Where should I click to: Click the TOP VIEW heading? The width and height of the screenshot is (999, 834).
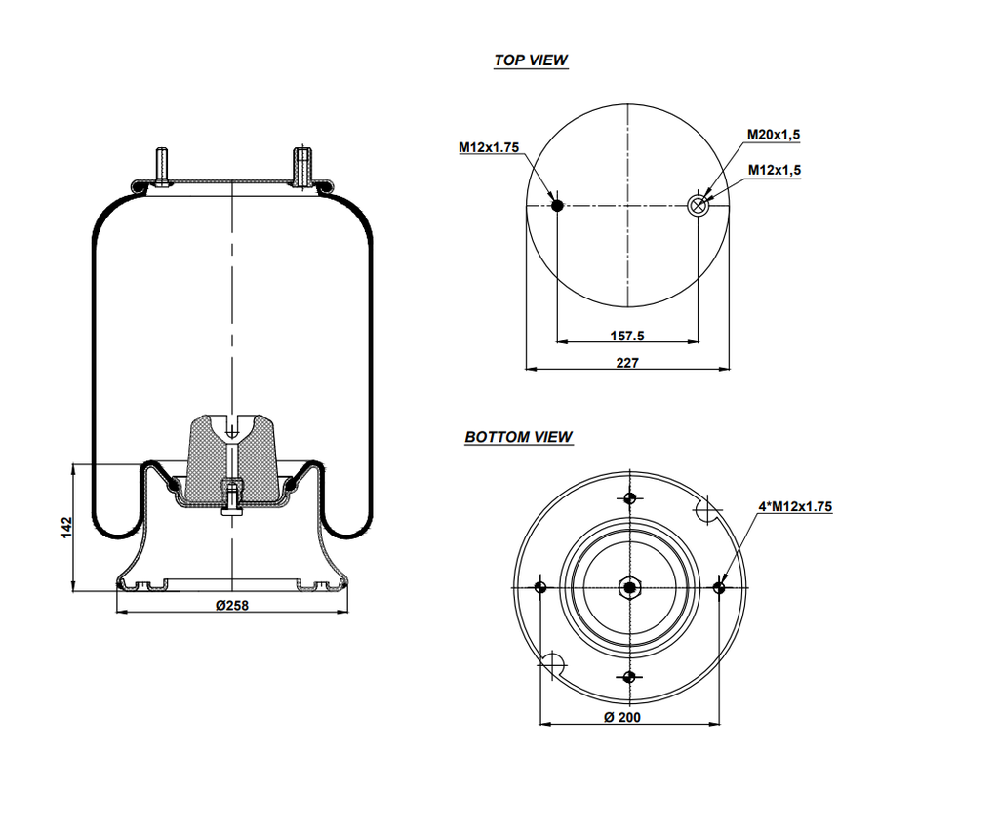tap(530, 60)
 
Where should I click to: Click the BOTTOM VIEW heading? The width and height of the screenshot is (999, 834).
tap(518, 437)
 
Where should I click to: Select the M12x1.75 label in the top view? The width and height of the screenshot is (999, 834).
tap(488, 147)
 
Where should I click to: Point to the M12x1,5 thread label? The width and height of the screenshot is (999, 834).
tap(774, 170)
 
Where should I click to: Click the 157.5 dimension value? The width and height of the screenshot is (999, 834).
tap(627, 336)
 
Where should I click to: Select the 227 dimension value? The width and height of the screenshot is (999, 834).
tap(627, 363)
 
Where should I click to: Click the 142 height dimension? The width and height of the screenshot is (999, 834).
tap(66, 528)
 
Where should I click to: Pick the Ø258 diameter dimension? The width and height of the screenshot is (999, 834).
tap(231, 605)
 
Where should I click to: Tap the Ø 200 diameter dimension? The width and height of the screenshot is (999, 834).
tap(622, 717)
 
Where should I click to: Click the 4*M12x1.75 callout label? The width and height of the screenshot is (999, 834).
tap(795, 506)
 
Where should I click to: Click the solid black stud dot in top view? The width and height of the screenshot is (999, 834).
tap(557, 205)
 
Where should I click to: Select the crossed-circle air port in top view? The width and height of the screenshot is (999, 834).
tap(699, 205)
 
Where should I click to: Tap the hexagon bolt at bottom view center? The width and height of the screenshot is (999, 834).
tap(629, 587)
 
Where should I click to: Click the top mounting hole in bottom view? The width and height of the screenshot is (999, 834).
tap(629, 498)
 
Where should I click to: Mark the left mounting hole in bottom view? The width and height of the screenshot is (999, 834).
tap(540, 587)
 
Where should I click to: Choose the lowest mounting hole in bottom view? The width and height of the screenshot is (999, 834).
tap(629, 676)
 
